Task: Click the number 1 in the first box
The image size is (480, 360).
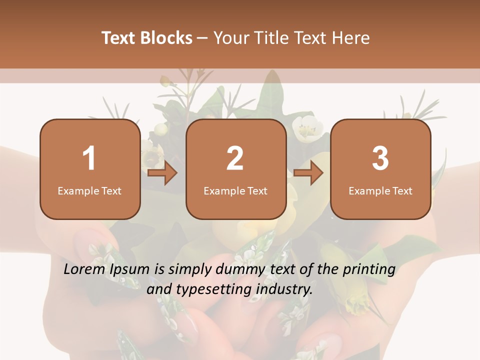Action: (x=89, y=158)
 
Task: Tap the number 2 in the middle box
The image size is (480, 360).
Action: (x=235, y=158)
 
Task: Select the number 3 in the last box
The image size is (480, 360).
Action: (x=380, y=158)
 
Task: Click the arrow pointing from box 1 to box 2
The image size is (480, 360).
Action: (x=163, y=173)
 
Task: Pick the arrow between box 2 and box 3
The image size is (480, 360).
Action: (x=308, y=173)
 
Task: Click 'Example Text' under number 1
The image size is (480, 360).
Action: (x=89, y=190)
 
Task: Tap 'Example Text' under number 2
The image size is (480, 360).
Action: (x=235, y=190)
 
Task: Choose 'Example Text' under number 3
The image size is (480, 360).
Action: (x=380, y=190)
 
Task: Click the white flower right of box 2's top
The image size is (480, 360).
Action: (x=305, y=127)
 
